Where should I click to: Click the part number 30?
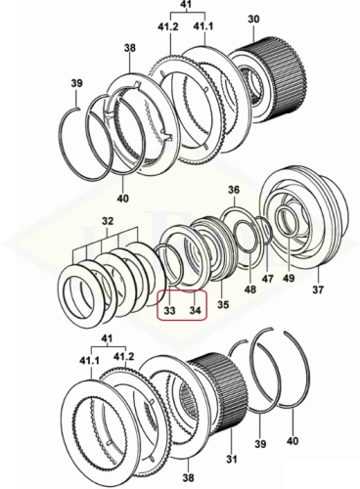253,20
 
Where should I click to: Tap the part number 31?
231,460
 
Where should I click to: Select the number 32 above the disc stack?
108,221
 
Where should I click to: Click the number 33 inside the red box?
169,310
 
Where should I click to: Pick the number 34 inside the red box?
195,310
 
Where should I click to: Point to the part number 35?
223,304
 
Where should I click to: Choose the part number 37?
318,289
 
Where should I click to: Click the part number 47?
268,280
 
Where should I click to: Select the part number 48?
250,289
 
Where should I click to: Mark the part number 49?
289,278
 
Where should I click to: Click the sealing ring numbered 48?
236,236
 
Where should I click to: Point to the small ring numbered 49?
277,222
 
